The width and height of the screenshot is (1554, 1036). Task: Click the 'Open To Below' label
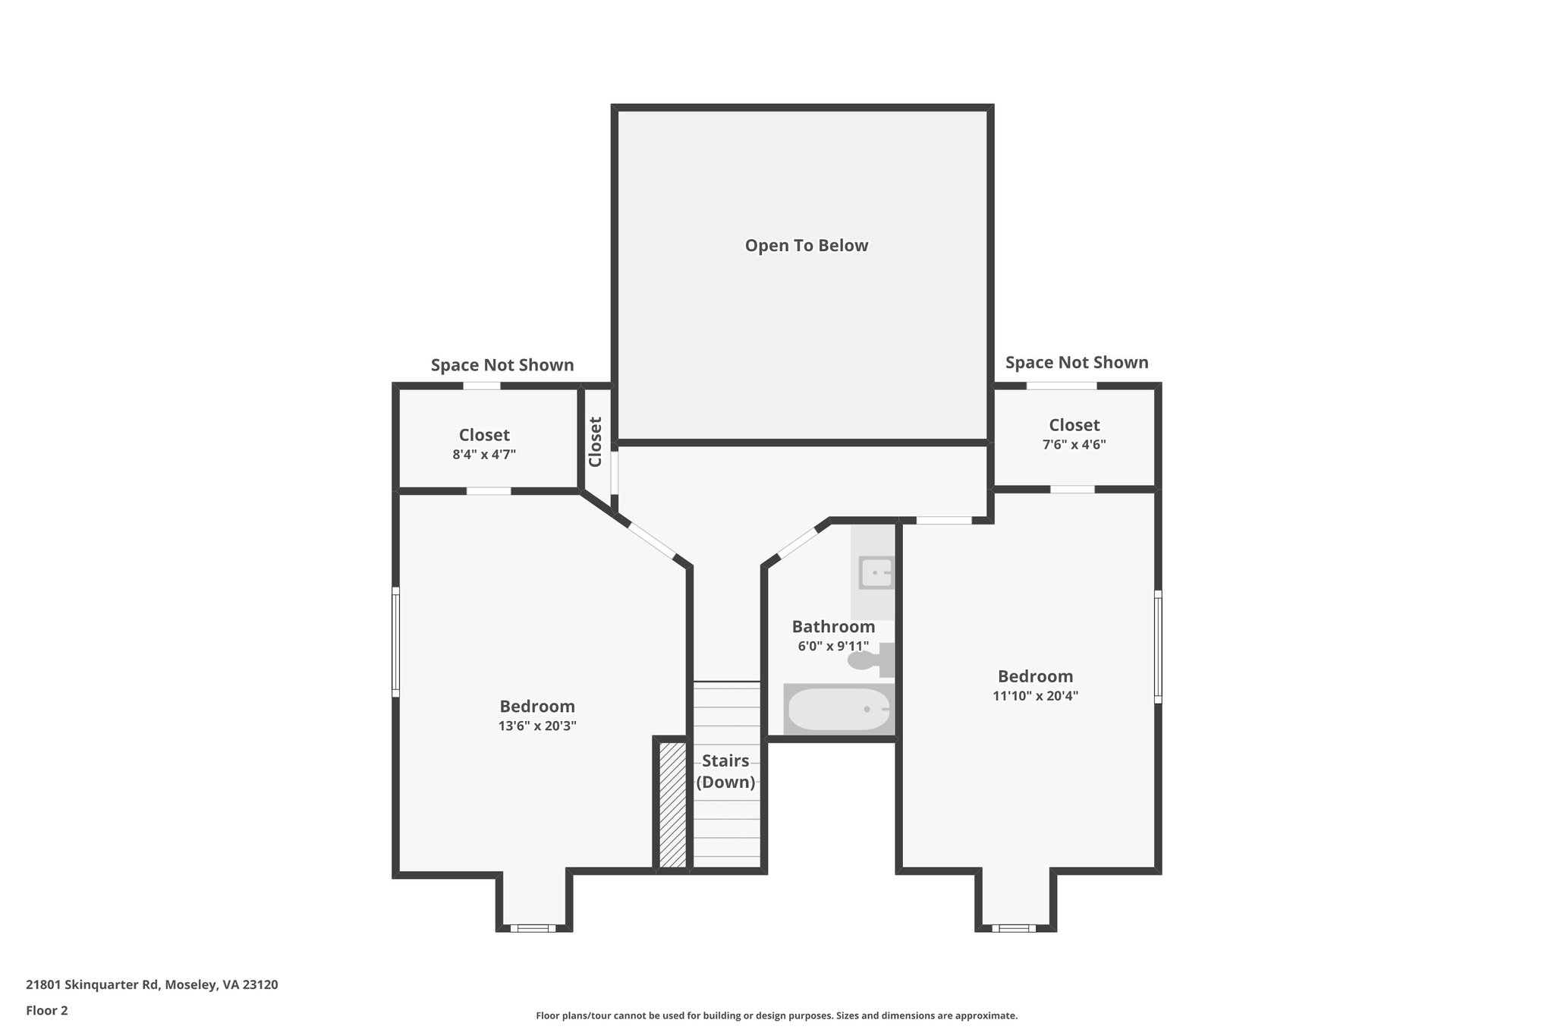pos(806,246)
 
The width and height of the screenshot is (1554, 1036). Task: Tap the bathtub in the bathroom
pos(838,709)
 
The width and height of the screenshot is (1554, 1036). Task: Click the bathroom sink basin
pos(876,572)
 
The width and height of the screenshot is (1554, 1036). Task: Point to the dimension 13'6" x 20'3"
pos(537,726)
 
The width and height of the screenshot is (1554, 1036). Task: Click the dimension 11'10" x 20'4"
pos(1035,696)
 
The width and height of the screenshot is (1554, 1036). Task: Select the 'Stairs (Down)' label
pos(725,771)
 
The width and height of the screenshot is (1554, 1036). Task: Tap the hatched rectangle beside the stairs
pos(672,805)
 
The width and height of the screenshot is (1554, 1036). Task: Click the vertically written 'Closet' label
pos(596,442)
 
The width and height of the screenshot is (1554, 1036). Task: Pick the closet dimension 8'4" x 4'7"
pos(484,455)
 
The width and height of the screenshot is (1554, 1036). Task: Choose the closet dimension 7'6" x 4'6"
pos(1074,445)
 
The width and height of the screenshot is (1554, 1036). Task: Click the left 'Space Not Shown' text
pos(502,365)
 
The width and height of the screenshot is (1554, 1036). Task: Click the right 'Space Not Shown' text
pos(1076,363)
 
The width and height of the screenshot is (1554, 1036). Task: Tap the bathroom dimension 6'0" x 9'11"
pos(832,647)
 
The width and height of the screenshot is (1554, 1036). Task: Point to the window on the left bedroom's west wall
pos(395,641)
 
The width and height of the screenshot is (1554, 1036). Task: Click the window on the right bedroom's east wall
pos(1158,647)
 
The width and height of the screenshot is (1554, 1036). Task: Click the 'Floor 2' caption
pos(47,1010)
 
